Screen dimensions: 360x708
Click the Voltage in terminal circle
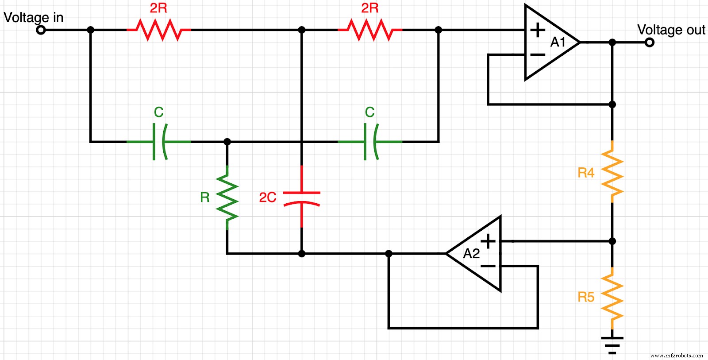41,30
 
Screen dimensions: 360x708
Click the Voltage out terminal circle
649,43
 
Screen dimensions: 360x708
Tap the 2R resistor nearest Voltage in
159,30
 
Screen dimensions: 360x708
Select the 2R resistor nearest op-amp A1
370,30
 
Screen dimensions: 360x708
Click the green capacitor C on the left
159,142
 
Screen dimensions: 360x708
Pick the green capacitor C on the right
370,142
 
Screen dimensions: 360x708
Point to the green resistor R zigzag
227,197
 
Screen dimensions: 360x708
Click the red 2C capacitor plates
302,198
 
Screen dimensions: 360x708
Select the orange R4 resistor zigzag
612,173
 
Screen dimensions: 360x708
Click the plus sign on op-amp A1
538,30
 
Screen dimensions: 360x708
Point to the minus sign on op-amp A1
538,55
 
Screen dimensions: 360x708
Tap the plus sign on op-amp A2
488,241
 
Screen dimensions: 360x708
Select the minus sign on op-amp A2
488,266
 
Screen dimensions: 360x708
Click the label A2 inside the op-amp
471,254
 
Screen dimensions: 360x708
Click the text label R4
586,173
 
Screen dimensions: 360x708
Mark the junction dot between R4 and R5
612,241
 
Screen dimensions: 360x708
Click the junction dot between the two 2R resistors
302,30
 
